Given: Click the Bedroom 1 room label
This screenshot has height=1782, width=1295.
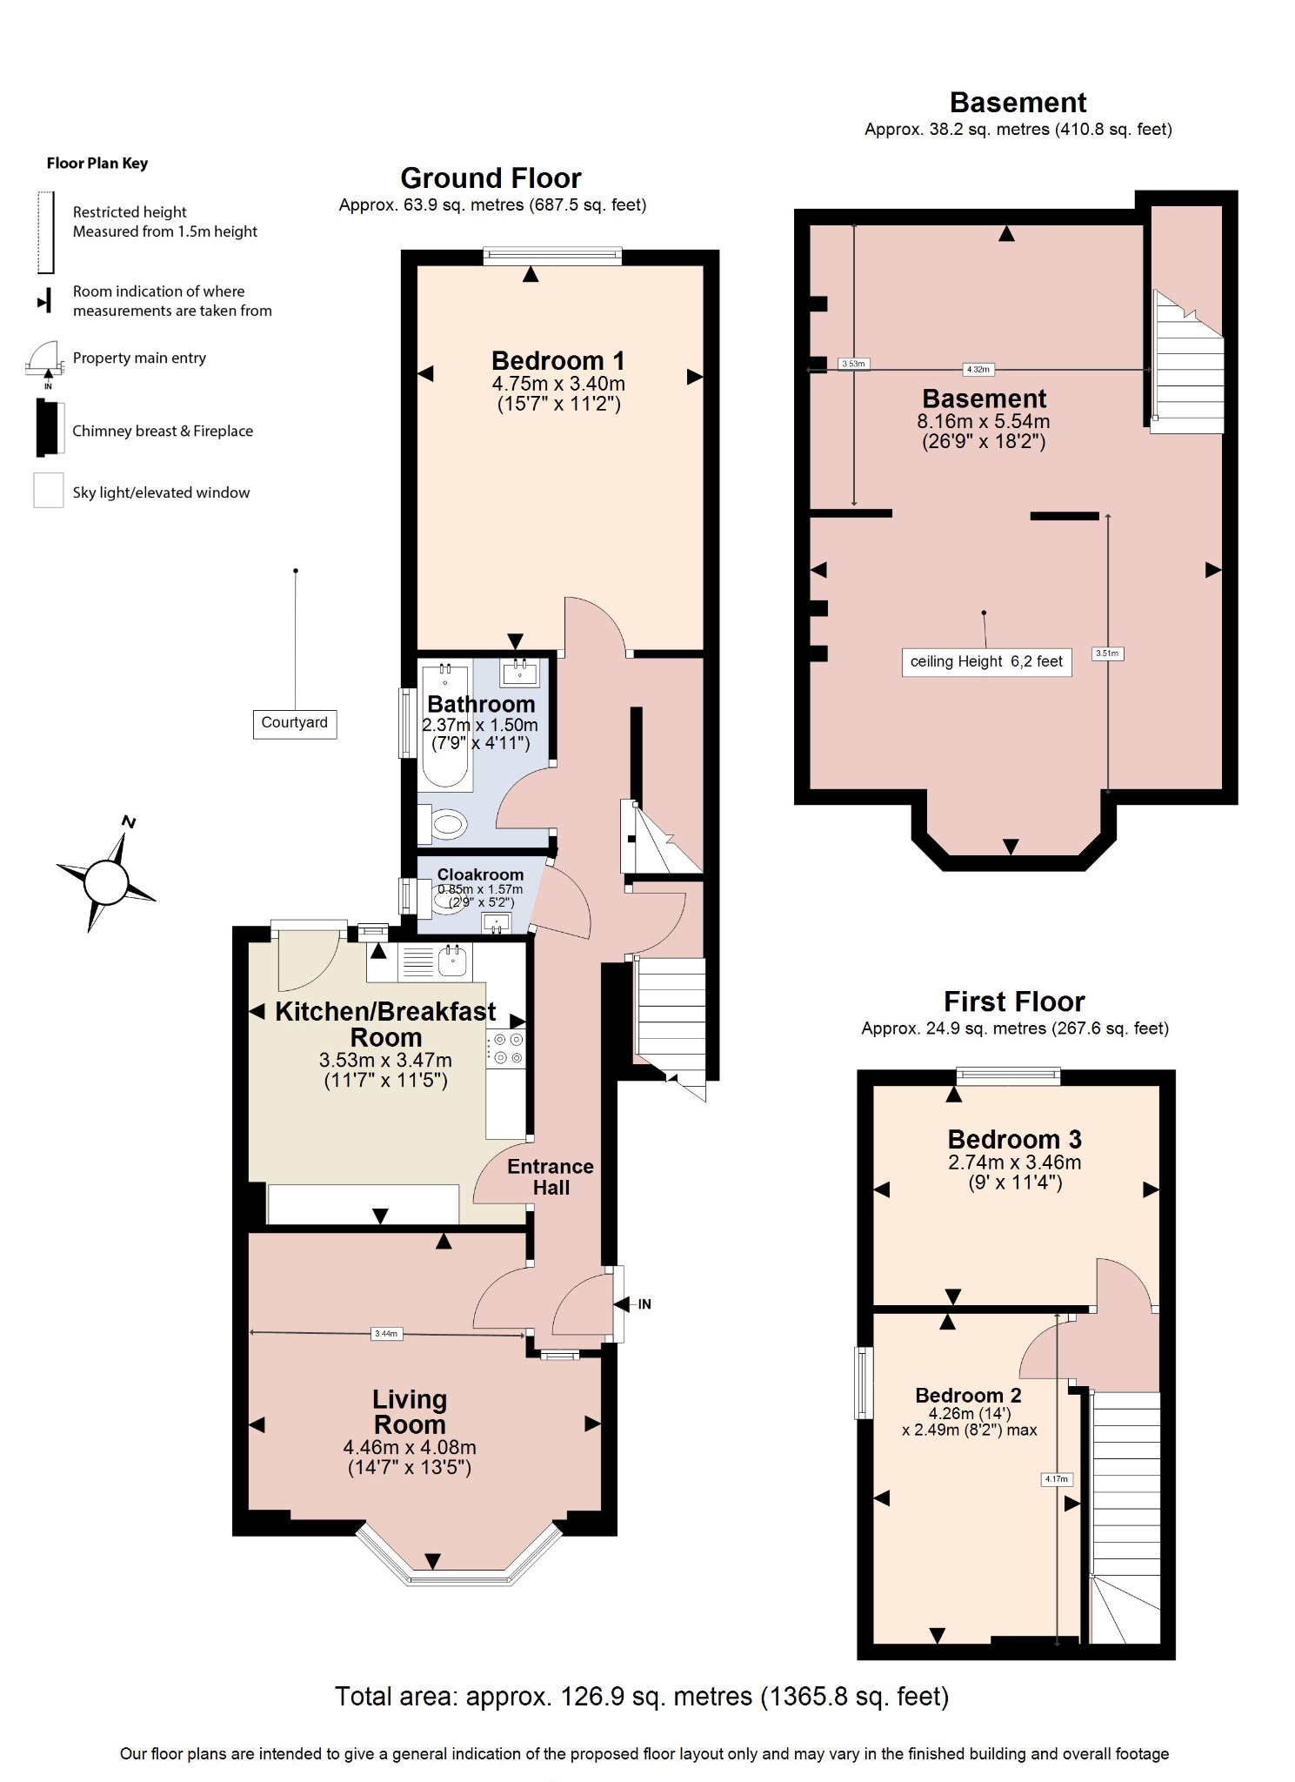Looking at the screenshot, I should click(557, 360).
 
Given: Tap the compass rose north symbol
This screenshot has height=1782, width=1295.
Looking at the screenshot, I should click(106, 881).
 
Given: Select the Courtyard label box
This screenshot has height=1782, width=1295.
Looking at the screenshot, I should click(295, 723).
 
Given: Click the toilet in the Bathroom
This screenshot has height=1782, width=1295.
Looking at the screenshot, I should click(446, 824).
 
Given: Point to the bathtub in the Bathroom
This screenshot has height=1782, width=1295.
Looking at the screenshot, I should click(446, 727).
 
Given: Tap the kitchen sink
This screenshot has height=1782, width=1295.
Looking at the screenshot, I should click(453, 961).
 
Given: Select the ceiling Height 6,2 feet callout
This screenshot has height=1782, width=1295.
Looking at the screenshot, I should click(986, 662).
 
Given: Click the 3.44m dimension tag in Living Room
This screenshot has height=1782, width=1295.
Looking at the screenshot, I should click(386, 1333).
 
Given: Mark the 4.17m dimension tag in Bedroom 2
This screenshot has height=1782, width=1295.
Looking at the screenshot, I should click(1057, 1478).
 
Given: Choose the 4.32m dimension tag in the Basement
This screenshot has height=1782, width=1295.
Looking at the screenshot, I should click(978, 369).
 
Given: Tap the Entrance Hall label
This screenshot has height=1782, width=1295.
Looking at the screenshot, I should click(551, 1176).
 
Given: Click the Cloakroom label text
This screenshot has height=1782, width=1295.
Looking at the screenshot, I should click(480, 874).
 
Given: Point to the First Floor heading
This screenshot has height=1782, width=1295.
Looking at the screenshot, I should click(1014, 1002).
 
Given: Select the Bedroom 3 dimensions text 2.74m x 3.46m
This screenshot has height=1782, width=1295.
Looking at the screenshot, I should click(1014, 1162).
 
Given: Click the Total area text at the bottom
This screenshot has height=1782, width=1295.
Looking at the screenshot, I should click(641, 1697).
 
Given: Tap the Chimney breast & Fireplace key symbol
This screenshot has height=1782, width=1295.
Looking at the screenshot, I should click(50, 428).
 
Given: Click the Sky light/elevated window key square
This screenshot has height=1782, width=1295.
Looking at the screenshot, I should click(49, 490).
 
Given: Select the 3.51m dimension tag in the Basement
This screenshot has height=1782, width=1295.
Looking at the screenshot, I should click(1107, 653).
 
